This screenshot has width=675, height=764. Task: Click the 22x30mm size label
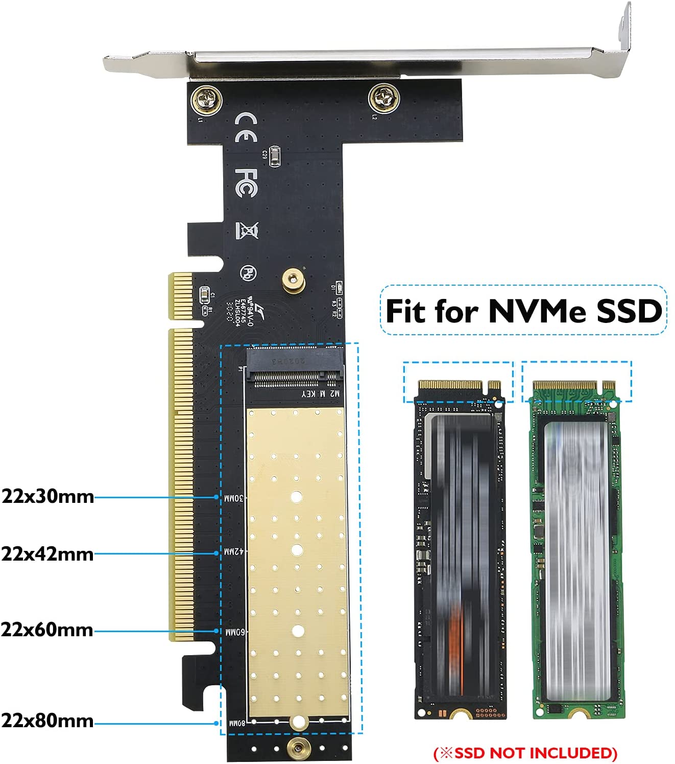pos(47,496)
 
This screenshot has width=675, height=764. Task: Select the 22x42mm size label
pos(47,553)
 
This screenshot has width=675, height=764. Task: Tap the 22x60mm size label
pos(47,630)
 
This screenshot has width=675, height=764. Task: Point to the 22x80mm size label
pos(47,721)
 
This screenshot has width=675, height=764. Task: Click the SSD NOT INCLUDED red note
pos(525,753)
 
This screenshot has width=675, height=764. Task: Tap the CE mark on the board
pos(245,127)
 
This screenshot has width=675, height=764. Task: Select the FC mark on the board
pos(246,183)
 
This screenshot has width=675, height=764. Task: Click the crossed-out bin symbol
pos(247,230)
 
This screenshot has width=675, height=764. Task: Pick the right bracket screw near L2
pos(383,98)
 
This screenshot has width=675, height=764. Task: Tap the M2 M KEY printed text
pos(320,393)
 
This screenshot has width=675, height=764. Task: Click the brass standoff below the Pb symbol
pos(293,280)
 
